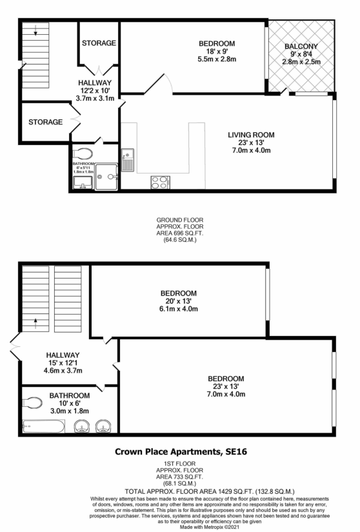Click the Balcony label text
pos(301,46)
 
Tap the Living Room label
pos(251,135)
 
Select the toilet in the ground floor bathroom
pos(83,153)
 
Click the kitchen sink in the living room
pos(127,158)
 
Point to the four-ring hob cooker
pos(159,182)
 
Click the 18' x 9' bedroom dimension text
pos(216,52)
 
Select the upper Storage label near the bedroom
pos(99,43)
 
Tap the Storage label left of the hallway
pos(45,121)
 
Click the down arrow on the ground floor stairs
pos(35,31)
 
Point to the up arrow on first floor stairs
pos(35,320)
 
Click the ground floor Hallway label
pos(95,83)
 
